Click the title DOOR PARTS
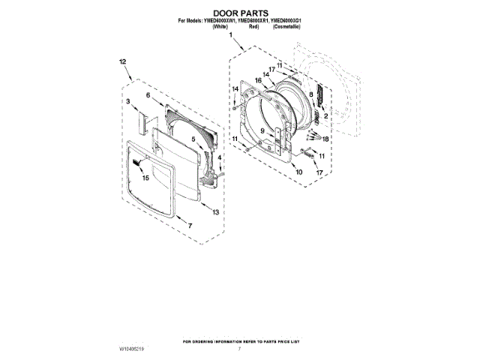point(240,13)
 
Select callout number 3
point(128,100)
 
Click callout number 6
point(148,95)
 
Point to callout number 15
point(145,178)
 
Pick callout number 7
point(190,226)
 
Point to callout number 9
point(262,131)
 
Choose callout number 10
point(298,172)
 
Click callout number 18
point(325,139)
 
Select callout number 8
point(310,94)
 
